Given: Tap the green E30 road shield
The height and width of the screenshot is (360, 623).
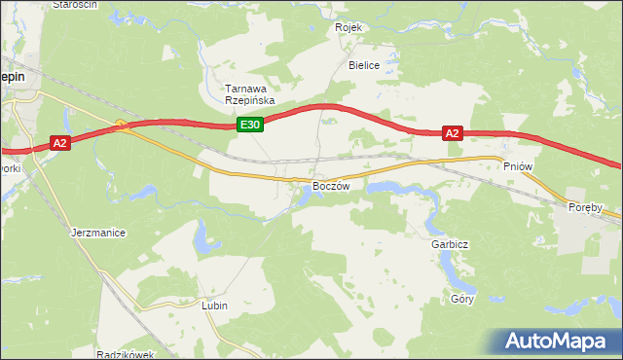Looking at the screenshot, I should tap(250, 125).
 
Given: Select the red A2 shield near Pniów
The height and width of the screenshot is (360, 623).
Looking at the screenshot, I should tap(453, 134).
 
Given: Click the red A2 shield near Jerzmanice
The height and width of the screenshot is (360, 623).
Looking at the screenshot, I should tap(59, 143).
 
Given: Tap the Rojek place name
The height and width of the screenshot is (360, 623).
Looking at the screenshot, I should tap(348, 27).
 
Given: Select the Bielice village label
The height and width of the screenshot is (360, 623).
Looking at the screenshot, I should tap(364, 65).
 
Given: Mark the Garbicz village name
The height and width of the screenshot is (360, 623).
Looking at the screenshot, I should tap(450, 245).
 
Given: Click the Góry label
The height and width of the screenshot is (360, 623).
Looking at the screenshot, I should tap(462, 299).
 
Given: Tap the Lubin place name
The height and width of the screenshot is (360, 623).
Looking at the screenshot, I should tap(215, 306).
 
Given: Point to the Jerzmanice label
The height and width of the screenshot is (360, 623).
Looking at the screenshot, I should tap(99, 234).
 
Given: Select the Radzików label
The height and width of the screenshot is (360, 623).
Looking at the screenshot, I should tap(126, 354).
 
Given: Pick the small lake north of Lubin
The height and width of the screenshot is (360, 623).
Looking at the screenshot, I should tap(202, 236).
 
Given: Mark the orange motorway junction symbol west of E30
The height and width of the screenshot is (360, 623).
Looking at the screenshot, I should tap(121, 124).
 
